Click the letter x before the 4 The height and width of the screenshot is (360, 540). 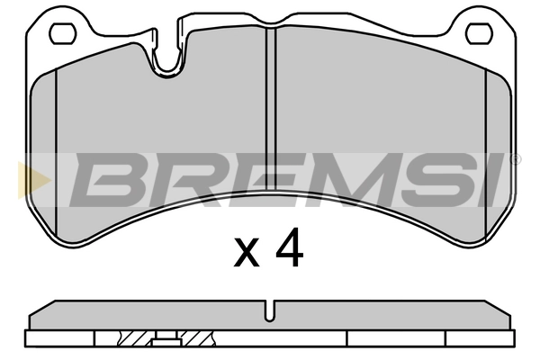[247, 254]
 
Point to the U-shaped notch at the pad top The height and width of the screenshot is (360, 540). [167, 58]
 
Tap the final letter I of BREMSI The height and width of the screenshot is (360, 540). [491, 179]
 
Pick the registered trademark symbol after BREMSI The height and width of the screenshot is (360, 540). [515, 159]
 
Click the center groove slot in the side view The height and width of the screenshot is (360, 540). [269, 310]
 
